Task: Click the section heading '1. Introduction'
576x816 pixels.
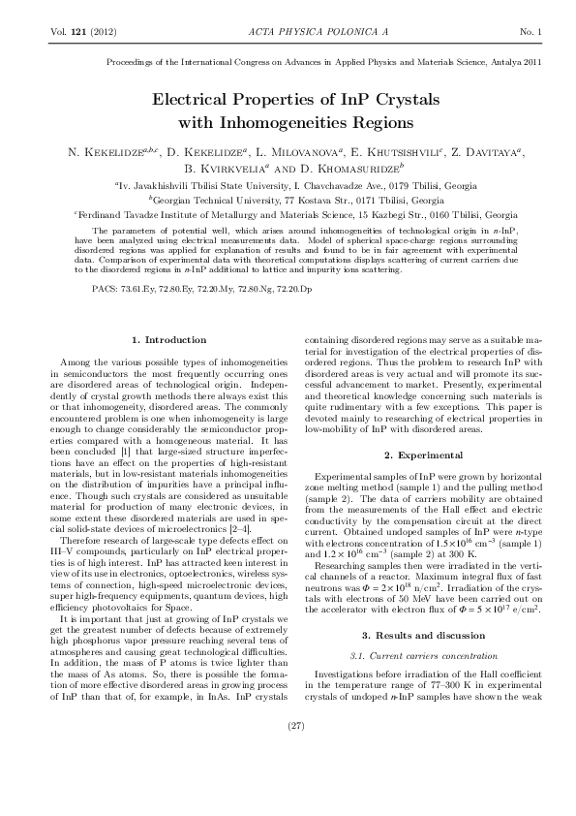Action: click(x=169, y=340)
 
